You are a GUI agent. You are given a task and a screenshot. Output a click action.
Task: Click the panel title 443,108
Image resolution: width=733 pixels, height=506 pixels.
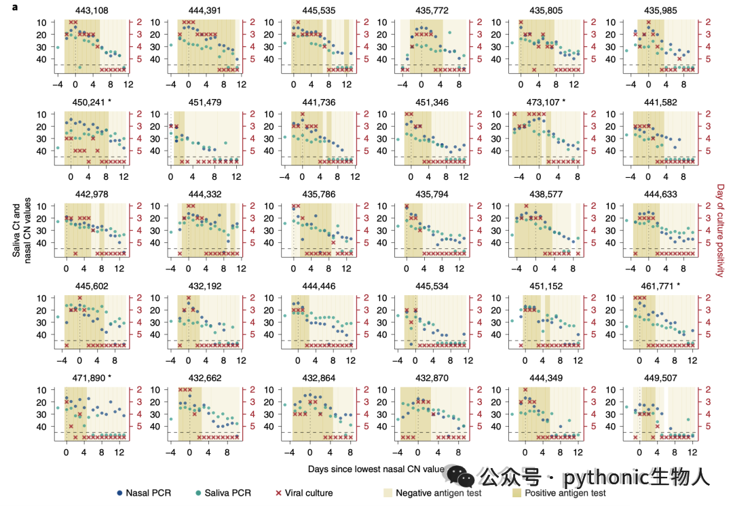click(x=92, y=10)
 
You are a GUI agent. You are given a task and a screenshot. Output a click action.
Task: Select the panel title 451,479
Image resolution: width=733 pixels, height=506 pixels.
click(x=205, y=102)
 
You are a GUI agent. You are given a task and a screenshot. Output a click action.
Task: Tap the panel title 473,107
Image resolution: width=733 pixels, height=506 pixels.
click(x=542, y=102)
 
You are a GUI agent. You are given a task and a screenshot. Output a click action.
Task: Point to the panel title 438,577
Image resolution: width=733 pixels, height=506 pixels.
click(x=546, y=195)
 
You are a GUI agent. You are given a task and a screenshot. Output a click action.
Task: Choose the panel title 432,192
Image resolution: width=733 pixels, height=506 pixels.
click(x=205, y=286)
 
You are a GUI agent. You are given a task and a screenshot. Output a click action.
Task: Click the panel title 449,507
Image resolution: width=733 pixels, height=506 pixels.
click(x=660, y=378)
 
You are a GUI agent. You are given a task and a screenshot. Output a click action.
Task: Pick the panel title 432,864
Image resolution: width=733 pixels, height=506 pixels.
click(x=319, y=378)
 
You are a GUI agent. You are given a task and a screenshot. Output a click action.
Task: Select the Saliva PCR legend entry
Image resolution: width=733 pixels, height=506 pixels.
click(x=223, y=493)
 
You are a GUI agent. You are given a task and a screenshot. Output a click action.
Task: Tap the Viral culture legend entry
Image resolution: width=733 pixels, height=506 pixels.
click(x=304, y=493)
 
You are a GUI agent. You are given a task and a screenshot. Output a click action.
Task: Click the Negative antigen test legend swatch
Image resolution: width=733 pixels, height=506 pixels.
click(x=388, y=493)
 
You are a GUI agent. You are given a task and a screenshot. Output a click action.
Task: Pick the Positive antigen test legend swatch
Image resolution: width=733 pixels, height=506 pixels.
click(x=516, y=493)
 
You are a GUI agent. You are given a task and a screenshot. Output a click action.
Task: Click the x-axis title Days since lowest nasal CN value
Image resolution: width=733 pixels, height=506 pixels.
click(x=376, y=469)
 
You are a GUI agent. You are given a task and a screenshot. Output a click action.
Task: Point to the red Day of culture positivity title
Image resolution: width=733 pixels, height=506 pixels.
click(x=720, y=231)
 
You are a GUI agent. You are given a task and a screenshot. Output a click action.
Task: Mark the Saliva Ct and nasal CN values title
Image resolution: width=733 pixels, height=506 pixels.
click(x=22, y=231)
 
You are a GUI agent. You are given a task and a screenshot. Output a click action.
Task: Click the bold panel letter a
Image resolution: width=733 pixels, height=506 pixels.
click(x=15, y=7)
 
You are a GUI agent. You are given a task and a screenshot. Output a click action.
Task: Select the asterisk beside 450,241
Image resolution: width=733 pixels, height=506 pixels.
click(x=109, y=101)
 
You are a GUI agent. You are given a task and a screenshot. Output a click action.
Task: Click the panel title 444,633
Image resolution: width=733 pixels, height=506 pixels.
click(x=660, y=195)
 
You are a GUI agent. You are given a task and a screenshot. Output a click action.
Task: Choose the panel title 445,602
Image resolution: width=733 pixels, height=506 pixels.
click(x=92, y=286)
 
